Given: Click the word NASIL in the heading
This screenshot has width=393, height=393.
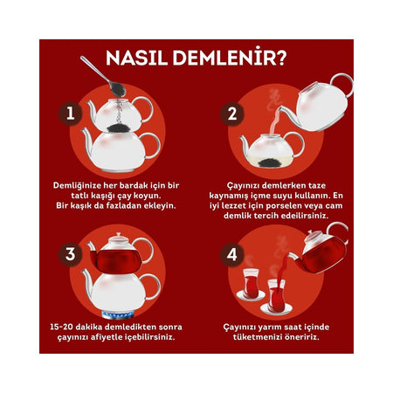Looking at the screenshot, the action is (137, 58).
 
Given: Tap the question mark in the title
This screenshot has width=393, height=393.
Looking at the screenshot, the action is (281, 58).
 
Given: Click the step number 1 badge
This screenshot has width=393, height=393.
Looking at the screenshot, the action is (71, 114).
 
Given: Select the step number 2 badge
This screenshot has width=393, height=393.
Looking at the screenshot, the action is (232, 114).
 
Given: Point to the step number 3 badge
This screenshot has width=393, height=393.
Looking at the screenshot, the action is (71, 254).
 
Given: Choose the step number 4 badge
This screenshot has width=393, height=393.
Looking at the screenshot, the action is (232, 255).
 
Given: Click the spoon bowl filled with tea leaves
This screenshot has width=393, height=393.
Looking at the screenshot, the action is (117, 89).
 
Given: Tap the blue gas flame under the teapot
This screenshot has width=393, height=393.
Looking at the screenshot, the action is (118, 314).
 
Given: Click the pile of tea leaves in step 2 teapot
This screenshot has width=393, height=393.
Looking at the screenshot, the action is (270, 162).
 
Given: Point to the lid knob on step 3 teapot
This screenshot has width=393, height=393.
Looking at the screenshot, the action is (118, 234).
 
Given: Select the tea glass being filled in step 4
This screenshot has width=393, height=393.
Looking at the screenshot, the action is (276, 295).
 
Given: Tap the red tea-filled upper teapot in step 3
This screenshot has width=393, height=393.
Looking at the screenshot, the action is (116, 259).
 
